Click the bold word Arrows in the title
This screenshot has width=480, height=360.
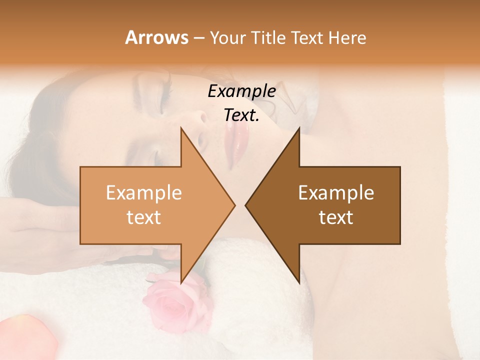pyautogui.click(x=157, y=37)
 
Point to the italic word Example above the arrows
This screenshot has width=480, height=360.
pyautogui.click(x=241, y=91)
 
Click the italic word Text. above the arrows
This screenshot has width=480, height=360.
pyautogui.click(x=241, y=115)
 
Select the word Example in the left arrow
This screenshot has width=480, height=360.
pyautogui.click(x=143, y=192)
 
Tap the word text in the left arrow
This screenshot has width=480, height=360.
pyautogui.click(x=143, y=217)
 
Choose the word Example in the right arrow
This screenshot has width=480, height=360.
pyautogui.click(x=336, y=192)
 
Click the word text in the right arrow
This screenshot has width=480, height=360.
pyautogui.click(x=336, y=217)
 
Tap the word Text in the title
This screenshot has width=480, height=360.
pyautogui.click(x=308, y=37)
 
